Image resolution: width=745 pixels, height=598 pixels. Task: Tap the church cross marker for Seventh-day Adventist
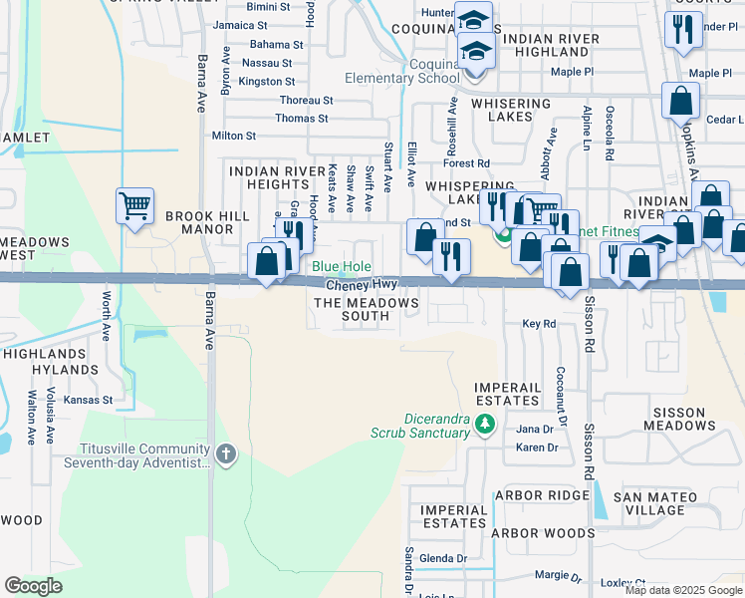pos(226,455)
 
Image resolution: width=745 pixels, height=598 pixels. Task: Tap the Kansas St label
pos(89,400)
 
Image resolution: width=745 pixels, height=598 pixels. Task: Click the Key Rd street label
pos(539,324)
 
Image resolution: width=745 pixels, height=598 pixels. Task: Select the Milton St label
pos(234,136)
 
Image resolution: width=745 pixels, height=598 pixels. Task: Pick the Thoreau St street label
pos(306,101)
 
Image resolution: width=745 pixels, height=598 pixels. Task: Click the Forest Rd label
pos(467,162)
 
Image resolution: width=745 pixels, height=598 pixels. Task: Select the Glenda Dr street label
pos(443,558)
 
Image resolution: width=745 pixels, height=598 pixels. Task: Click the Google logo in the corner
pos(33,586)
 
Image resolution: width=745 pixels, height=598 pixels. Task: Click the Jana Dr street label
pos(535,429)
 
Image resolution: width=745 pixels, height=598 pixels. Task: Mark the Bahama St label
pos(276,45)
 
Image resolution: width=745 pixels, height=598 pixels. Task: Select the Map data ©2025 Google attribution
pos(682,590)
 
